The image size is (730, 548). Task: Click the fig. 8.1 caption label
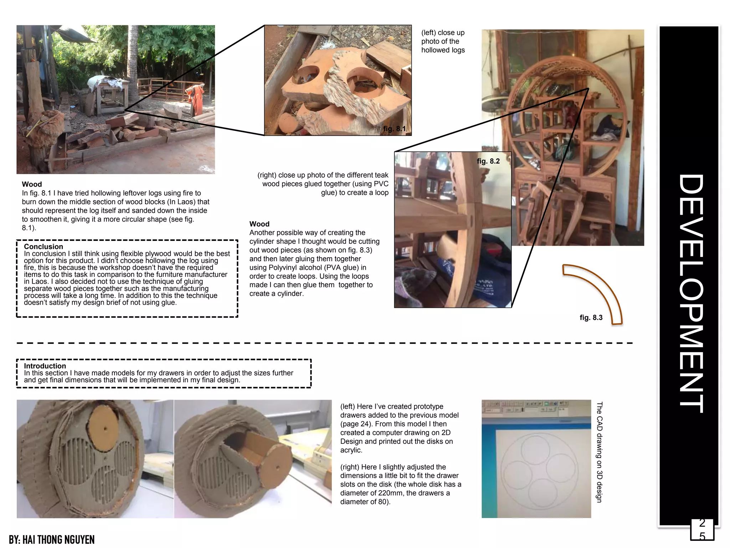[x=394, y=129]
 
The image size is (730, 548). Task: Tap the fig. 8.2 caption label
[x=488, y=161]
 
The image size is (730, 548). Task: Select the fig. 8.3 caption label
[x=591, y=318]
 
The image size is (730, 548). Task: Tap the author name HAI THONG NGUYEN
[x=52, y=540]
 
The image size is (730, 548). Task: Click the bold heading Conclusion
[x=43, y=247]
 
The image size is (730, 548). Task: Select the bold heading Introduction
[x=45, y=366]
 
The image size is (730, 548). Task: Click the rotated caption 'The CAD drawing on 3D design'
[x=599, y=452]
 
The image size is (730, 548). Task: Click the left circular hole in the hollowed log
[x=307, y=77]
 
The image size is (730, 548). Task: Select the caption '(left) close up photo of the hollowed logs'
[x=443, y=41]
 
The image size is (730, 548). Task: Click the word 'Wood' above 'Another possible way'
[x=259, y=224]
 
